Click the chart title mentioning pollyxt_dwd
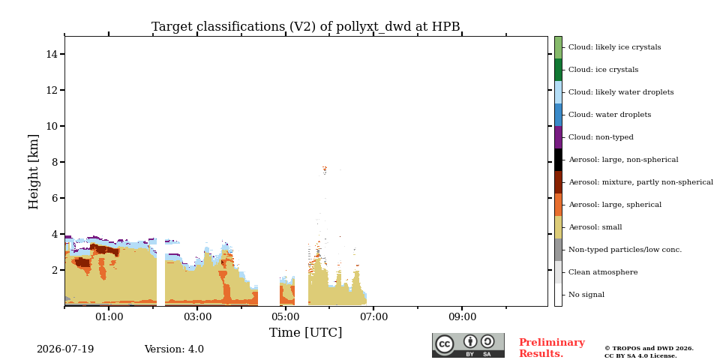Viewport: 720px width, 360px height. coord(306,27)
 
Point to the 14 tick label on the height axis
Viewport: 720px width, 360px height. coord(52,54)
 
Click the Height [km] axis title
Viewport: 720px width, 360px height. coord(34,172)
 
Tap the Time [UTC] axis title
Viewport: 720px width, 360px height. coord(306,332)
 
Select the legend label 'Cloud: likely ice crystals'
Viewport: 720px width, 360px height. coord(615,47)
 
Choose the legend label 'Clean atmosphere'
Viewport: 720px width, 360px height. coord(603,272)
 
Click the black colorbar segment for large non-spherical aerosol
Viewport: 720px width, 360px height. coord(558,160)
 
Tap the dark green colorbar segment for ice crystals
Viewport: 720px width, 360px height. coord(558,70)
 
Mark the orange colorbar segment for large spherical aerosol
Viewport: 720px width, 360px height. coord(558,205)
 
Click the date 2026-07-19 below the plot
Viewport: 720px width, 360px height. coord(65,349)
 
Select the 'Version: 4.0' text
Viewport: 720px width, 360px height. coord(174,349)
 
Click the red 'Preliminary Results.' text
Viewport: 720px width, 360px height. coord(552,348)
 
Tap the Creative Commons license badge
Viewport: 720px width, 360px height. coord(468,345)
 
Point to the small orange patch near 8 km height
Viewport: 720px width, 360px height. coord(325,169)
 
